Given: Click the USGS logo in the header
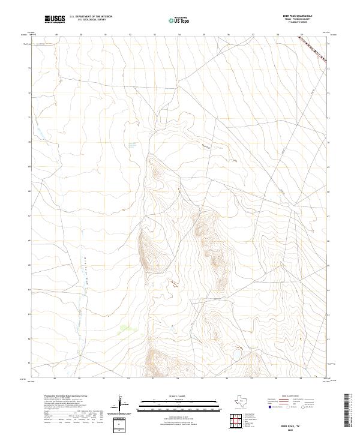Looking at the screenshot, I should (55, 20).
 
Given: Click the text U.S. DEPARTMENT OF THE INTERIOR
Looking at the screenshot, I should (91, 17).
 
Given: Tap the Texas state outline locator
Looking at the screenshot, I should (246, 400).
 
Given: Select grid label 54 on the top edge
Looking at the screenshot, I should (179, 35).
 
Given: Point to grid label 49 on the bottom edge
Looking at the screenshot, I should (55, 379).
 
